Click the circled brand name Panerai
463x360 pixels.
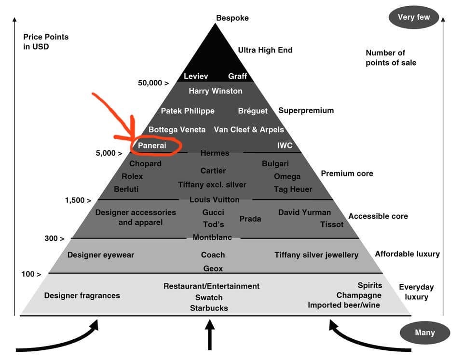point(152,146)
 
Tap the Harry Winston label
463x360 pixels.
point(216,91)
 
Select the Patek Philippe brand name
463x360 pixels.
point(188,111)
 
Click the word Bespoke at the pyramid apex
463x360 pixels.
point(232,18)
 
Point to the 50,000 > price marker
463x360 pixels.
point(153,83)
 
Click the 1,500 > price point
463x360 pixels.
point(78,200)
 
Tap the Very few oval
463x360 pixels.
point(414,17)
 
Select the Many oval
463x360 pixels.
point(425,333)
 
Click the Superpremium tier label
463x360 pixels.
point(306,111)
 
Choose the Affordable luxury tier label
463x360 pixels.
point(407,254)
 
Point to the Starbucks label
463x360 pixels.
point(209,308)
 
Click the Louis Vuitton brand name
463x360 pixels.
point(214,200)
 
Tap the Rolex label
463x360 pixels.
point(132,176)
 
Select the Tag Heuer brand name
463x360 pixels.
point(293,189)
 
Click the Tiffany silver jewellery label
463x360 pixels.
point(316,255)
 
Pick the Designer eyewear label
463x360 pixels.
point(101,255)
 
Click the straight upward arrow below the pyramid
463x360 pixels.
point(210,335)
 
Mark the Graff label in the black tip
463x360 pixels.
point(237,76)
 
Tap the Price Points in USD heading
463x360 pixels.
point(46,41)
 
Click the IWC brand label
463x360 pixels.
point(285,146)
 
